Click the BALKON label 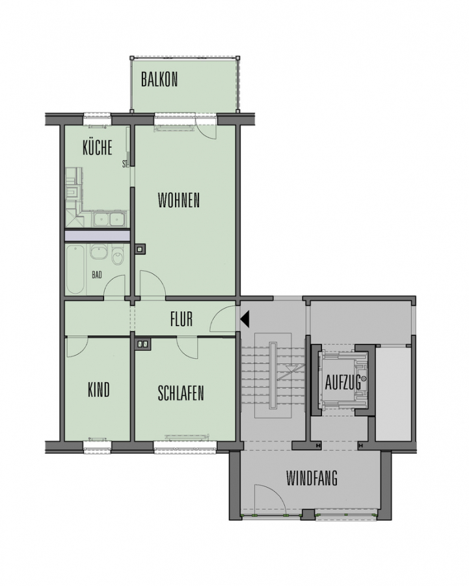(x=159, y=79)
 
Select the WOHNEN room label (x=179, y=201)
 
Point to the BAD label (x=97, y=275)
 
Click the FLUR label (x=181, y=319)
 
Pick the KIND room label (x=99, y=390)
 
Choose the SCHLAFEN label (x=181, y=393)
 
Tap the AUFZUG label (x=343, y=382)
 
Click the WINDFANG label (x=312, y=478)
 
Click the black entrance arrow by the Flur (x=245, y=320)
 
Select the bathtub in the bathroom (x=76, y=269)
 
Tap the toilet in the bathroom (x=118, y=257)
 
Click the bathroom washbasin (x=99, y=254)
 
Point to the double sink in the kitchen (x=109, y=219)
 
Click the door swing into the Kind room (x=77, y=347)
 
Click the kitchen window (x=97, y=120)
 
